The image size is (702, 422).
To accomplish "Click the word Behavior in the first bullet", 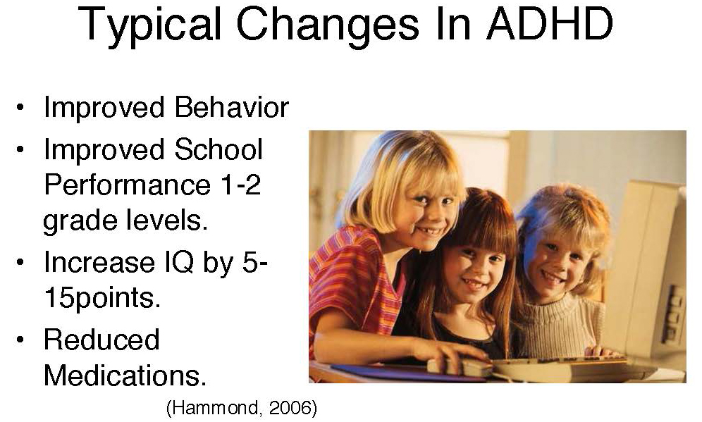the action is point(231,107).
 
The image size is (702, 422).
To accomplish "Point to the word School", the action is point(218,149).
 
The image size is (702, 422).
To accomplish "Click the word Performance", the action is point(127,185).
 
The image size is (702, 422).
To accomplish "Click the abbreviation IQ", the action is point(178,262).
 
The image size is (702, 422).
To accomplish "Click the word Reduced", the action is point(101,339).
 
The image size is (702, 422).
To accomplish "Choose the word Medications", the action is point(125,375).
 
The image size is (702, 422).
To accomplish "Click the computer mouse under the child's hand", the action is point(460,367).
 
